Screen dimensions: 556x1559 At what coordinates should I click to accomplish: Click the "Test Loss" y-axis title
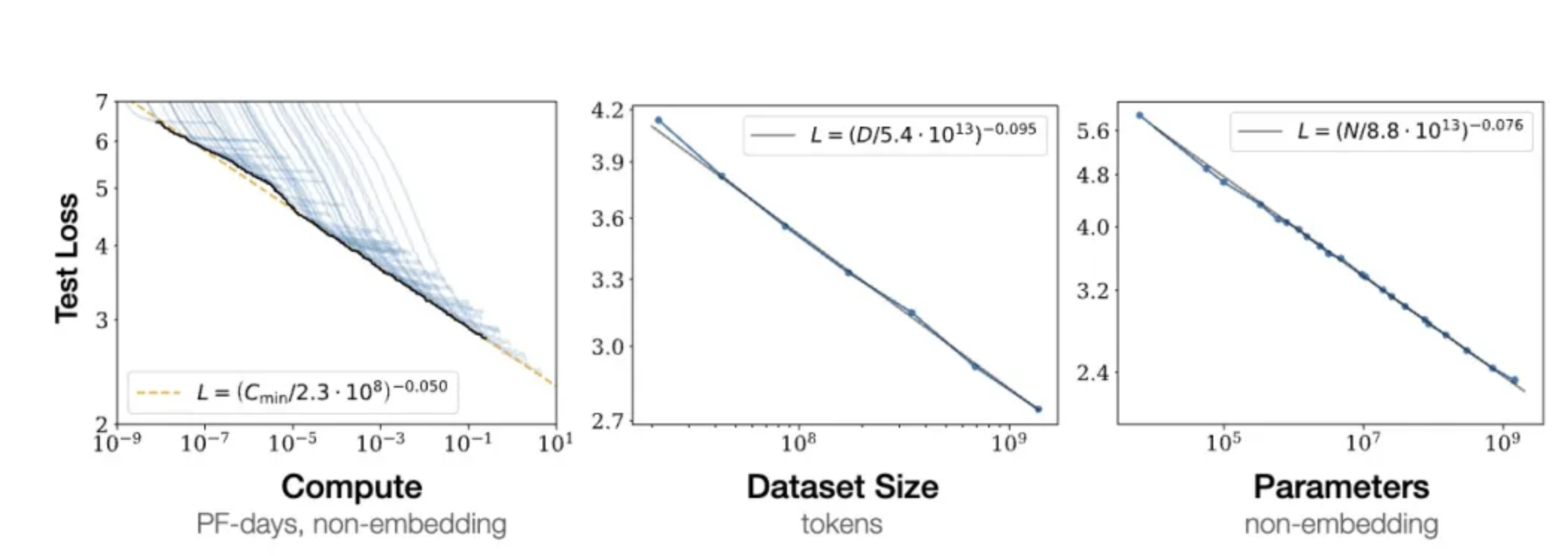coord(67,258)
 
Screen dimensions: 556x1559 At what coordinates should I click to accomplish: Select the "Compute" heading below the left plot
coord(352,487)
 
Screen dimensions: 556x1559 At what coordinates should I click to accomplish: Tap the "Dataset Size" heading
coord(842,487)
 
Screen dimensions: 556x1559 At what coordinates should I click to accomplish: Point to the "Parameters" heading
coord(1341,487)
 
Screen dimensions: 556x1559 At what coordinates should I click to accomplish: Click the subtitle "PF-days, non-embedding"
coord(352,524)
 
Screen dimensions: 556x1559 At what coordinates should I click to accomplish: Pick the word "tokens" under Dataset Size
coord(842,524)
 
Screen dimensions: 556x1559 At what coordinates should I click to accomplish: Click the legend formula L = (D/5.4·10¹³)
coord(923,134)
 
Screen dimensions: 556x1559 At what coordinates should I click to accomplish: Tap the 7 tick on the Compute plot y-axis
coord(102,101)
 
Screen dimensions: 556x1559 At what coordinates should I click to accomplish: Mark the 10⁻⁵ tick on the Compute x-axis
coord(293,443)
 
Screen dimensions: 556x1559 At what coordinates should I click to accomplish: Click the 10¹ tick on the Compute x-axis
coord(556,443)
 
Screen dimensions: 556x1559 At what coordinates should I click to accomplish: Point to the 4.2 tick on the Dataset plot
coord(607,111)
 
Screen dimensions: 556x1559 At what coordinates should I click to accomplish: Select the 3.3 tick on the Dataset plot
coord(607,280)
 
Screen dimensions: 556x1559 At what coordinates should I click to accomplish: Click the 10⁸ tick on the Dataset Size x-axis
coord(798,443)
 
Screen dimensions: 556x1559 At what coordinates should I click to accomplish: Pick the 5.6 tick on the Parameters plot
coord(1092,132)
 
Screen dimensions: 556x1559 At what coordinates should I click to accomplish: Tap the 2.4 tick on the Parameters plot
coord(1092,372)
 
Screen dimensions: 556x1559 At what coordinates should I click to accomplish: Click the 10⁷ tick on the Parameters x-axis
coord(1363,443)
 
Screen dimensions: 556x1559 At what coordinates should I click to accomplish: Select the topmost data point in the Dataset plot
coord(658,120)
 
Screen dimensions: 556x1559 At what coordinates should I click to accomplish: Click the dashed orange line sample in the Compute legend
coord(159,393)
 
